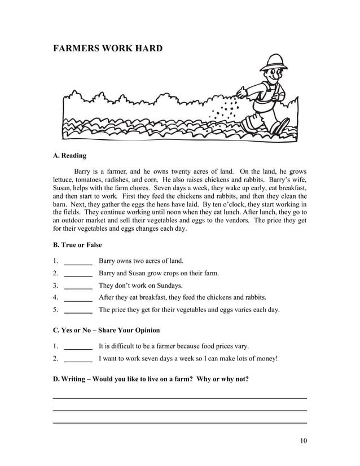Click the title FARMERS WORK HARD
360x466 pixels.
pyautogui.click(x=107, y=49)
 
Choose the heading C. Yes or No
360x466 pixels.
pyautogui.click(x=106, y=330)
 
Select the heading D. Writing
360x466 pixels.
pyautogui.click(x=150, y=379)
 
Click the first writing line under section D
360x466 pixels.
pyautogui.click(x=179, y=398)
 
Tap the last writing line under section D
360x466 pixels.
pyautogui.click(x=179, y=422)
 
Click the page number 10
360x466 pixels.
pyautogui.click(x=303, y=441)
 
